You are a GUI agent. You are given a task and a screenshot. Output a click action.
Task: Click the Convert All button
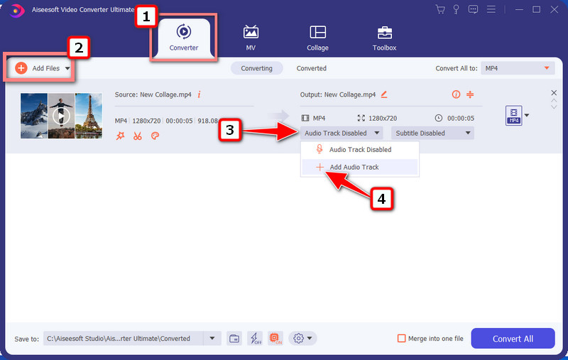coord(513,338)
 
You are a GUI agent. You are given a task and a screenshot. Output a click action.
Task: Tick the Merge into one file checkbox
coord(401,338)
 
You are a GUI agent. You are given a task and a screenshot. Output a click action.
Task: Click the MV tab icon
coord(251,32)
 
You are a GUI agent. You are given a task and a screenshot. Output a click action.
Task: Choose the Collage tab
coord(317,38)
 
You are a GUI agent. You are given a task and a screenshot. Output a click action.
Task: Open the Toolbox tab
coord(384,38)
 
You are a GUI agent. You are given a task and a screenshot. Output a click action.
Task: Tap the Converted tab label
coord(312,68)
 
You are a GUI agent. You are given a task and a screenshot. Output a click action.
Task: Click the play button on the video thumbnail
coord(61,116)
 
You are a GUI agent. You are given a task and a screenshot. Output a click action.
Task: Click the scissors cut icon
coord(137,136)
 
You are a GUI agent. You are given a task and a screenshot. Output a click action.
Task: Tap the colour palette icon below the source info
coord(155,136)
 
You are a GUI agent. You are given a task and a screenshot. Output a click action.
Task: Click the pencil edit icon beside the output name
coord(384,94)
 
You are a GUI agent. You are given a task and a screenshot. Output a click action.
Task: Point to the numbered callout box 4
coord(381,199)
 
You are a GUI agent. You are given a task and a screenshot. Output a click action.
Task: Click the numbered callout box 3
coord(229,130)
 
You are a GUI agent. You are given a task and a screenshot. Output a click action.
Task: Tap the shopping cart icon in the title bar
coord(440,9)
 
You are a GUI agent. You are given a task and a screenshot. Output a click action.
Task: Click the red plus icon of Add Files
coord(21,67)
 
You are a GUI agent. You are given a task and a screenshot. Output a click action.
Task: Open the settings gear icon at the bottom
coord(298,338)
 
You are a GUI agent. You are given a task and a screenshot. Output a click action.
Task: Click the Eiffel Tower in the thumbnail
coord(89,115)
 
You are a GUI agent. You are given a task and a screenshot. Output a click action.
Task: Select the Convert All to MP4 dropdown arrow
coord(547,68)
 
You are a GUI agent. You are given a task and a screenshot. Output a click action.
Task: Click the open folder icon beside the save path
coord(234,339)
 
